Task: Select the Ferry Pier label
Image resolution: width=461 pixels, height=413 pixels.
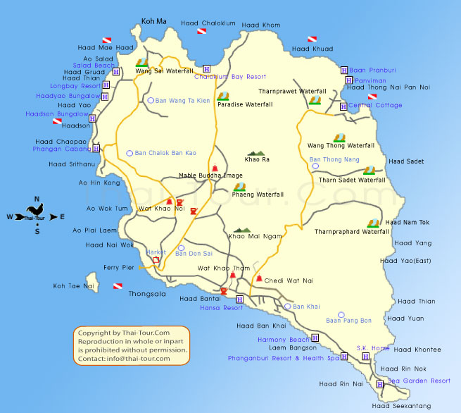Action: [x=119, y=268]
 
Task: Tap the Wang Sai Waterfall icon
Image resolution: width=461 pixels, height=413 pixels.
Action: [x=142, y=62]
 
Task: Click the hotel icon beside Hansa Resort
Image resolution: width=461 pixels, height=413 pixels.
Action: [x=239, y=300]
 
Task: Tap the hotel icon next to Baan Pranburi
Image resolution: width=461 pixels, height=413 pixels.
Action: [x=343, y=70]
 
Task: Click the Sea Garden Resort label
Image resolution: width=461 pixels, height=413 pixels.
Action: [x=419, y=381]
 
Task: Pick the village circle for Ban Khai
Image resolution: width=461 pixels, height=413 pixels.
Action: [x=287, y=307]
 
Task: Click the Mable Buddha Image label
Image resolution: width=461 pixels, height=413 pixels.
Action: [x=210, y=175]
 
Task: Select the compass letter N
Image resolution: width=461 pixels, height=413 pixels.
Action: [x=37, y=199]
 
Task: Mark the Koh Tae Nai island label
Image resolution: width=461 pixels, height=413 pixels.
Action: [x=74, y=286]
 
